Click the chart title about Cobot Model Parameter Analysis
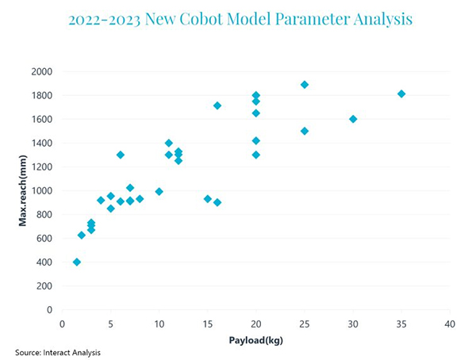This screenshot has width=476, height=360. click(240, 19)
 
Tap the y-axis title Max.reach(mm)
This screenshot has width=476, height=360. click(23, 190)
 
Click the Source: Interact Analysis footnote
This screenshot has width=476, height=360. click(58, 351)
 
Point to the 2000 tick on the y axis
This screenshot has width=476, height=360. click(41, 71)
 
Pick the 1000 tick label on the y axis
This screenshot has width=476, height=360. click(41, 191)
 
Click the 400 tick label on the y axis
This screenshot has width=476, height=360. click(44, 262)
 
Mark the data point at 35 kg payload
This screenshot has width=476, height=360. click(401, 94)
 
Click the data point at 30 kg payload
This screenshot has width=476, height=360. click(353, 119)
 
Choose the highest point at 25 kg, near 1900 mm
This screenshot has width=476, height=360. click(305, 84)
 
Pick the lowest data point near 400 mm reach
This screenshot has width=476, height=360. click(77, 262)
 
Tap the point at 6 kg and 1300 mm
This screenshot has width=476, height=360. click(121, 155)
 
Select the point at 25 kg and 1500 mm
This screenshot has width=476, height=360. click(305, 131)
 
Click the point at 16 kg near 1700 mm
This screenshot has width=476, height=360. click(217, 105)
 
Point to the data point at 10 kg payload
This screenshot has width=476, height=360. click(159, 191)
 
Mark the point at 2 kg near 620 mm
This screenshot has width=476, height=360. click(82, 235)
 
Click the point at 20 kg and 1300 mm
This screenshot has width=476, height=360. click(256, 155)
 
